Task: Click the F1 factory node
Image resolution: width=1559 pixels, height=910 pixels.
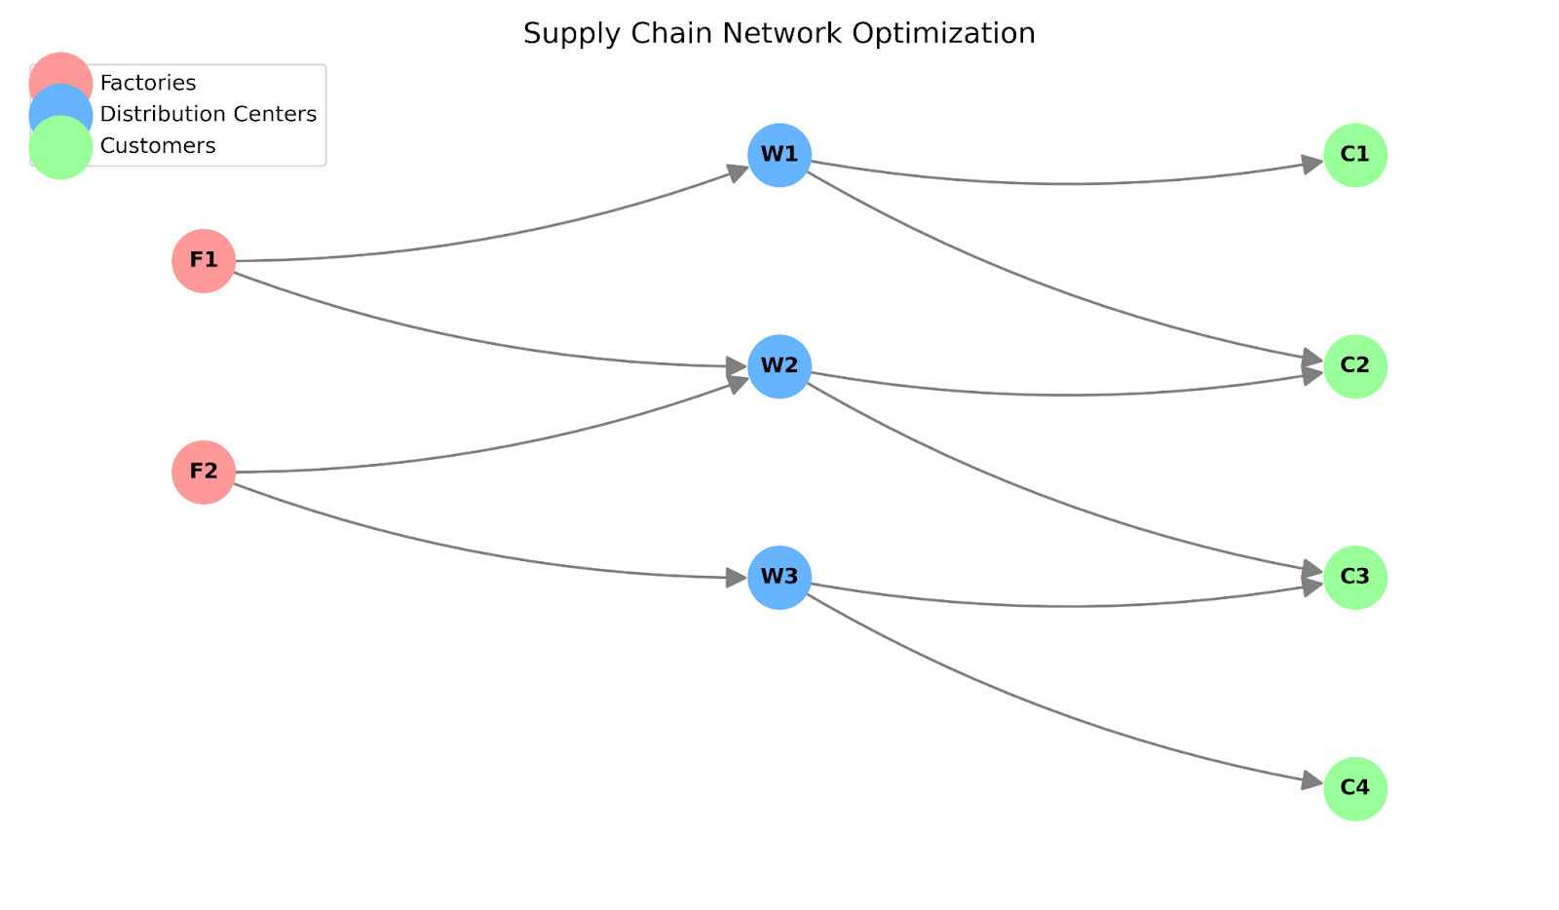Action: (x=204, y=261)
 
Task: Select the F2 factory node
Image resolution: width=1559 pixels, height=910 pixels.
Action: (x=204, y=473)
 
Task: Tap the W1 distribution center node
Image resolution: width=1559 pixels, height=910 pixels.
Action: (x=779, y=155)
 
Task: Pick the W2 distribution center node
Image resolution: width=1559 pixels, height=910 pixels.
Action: (x=779, y=366)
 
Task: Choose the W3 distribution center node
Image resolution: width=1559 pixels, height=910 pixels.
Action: (x=779, y=578)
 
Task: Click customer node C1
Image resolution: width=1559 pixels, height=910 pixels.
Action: (x=1355, y=155)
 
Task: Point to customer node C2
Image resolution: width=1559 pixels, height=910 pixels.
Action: (x=1355, y=366)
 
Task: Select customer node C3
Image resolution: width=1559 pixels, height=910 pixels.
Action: (x=1355, y=578)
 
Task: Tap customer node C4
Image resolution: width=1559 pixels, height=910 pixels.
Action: (x=1355, y=788)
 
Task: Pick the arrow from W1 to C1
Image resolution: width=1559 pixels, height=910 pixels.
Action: (x=1072, y=183)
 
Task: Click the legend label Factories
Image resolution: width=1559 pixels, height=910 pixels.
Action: (x=148, y=83)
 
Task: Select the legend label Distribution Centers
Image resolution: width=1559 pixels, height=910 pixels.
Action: (x=209, y=114)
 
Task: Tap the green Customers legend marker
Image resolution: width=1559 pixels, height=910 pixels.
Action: (x=60, y=147)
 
